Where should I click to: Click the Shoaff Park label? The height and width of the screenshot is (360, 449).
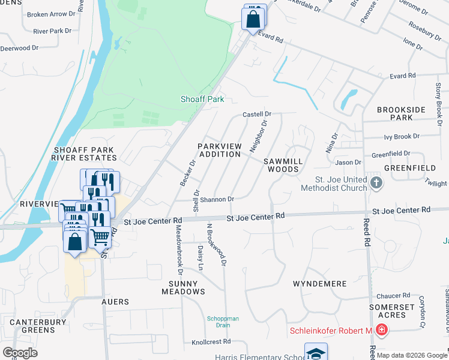202,99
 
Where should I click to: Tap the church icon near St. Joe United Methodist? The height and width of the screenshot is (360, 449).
376,182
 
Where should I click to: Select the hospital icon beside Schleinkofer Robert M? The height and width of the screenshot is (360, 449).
381,330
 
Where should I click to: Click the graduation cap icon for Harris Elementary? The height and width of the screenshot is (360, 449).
316,353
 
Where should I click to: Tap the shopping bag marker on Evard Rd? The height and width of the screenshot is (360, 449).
253,18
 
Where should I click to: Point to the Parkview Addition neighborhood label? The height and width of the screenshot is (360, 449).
219,150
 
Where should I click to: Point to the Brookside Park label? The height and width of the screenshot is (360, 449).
401,114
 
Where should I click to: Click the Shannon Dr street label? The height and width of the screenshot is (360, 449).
217,199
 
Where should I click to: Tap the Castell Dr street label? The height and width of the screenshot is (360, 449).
257,114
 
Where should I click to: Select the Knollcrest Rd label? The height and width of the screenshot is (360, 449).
211,341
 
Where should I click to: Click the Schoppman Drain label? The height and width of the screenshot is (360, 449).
223,322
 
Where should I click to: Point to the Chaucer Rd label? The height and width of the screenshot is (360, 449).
393,296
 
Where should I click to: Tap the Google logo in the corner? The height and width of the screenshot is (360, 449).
20,353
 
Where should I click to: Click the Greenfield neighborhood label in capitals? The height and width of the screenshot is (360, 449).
410,169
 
